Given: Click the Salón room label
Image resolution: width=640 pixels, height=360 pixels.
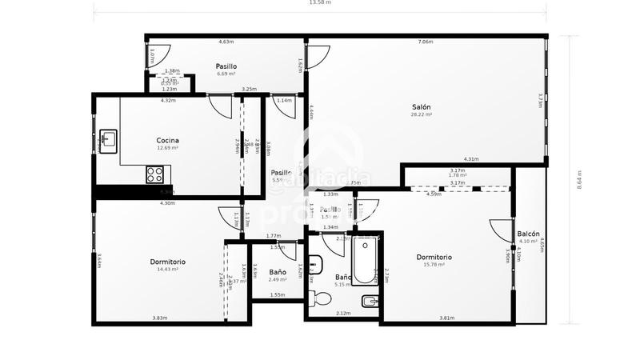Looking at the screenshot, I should [x=422, y=107].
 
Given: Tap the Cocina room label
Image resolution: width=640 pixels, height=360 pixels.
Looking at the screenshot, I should [x=167, y=140].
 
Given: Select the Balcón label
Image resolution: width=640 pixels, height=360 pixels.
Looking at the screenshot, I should [x=528, y=234].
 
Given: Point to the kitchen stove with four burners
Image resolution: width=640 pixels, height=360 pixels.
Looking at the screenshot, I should [x=156, y=173].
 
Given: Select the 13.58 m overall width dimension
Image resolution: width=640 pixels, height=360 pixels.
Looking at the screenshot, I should [x=320, y=3].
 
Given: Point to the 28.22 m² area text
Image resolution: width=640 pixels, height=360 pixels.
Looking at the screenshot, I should [x=422, y=115].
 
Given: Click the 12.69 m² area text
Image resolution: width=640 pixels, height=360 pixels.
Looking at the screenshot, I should [x=167, y=148].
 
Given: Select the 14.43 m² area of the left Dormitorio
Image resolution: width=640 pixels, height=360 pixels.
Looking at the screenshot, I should [x=167, y=270].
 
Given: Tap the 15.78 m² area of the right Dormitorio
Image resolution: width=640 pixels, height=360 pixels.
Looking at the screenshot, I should [x=434, y=265].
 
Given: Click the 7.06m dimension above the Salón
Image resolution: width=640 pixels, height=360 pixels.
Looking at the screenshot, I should [x=426, y=42].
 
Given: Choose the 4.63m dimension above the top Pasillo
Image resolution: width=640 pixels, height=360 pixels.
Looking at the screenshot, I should [x=226, y=42].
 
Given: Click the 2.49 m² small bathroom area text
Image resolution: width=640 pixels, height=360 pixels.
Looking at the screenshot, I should [x=278, y=280].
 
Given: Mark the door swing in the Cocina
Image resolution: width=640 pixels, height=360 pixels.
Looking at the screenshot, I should [x=216, y=105].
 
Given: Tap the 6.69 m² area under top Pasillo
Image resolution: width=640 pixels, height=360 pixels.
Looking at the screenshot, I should [x=226, y=74].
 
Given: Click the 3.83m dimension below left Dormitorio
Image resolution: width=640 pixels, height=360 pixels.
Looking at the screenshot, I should [x=159, y=318].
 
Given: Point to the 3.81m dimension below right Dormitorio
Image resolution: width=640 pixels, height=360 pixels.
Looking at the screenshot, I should [x=446, y=318].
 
